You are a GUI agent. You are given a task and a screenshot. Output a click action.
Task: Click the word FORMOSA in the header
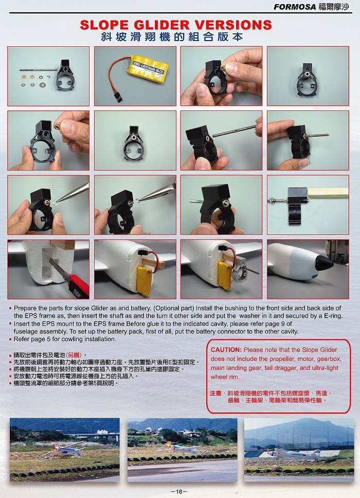[x=295, y=7]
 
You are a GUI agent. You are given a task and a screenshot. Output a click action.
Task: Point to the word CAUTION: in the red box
[x=226, y=349]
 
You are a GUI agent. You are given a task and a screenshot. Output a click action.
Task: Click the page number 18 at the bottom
[x=179, y=492]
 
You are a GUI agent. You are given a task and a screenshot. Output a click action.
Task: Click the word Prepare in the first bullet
[x=25, y=308]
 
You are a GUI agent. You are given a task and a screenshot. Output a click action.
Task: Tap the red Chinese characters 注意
[x=215, y=393]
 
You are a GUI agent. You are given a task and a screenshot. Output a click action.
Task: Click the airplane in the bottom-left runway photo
[x=64, y=450]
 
